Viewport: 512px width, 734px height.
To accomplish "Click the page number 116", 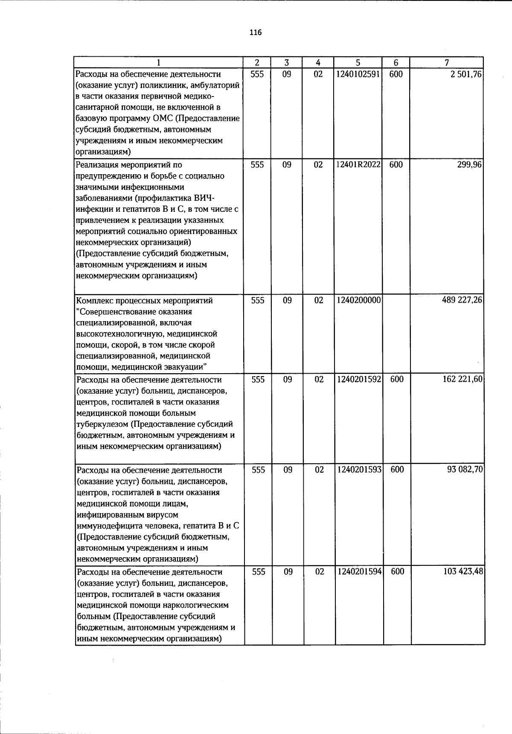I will [x=256, y=33].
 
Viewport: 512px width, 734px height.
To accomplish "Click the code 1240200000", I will [x=358, y=301].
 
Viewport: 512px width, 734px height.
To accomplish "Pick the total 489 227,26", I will [x=462, y=301].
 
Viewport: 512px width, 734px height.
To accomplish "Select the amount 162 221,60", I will [x=463, y=380].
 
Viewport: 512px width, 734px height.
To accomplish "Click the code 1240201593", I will [x=359, y=470].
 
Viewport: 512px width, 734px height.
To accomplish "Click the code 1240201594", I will [x=359, y=572].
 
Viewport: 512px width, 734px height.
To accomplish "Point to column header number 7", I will [x=446, y=63].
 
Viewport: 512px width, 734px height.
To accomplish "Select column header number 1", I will [x=158, y=63].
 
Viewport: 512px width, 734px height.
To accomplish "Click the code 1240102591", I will [x=358, y=74].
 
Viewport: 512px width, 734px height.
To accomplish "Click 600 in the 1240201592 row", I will [x=397, y=380].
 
